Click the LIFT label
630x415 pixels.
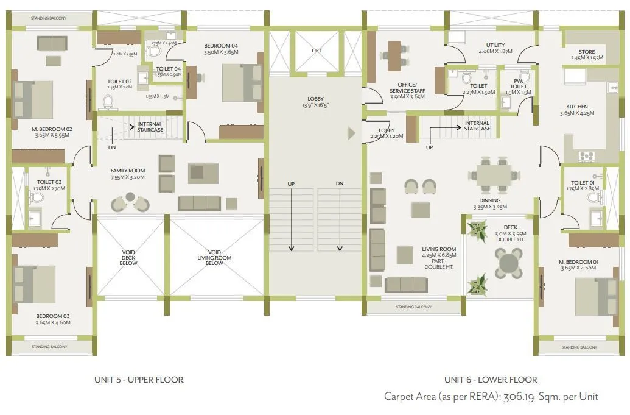pos(316,51)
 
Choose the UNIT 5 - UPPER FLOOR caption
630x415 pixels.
pos(139,380)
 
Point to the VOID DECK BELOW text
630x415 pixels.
pos(128,257)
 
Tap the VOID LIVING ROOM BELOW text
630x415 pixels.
pos(214,257)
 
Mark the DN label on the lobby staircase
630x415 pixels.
pos(339,183)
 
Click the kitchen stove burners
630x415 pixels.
pos(587,156)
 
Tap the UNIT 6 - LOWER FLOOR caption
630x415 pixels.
pos(491,380)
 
